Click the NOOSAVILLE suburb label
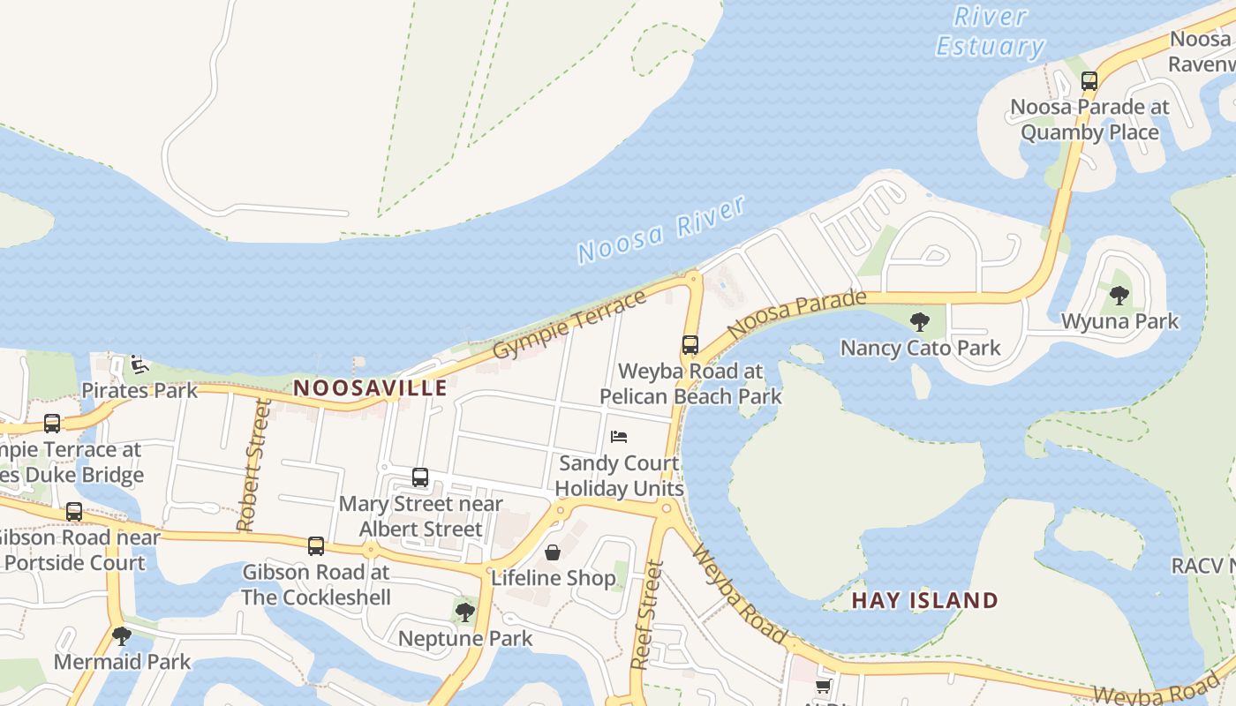point(370,387)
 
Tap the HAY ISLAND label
point(924,601)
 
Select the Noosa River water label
point(662,230)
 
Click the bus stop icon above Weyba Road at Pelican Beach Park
point(690,345)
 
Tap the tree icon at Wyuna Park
point(1119,296)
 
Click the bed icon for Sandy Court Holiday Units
point(619,437)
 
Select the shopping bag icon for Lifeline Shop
point(553,552)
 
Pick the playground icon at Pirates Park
point(138,364)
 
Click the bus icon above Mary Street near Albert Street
point(420,477)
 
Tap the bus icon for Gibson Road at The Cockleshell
point(316,545)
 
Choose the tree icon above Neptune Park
point(464,612)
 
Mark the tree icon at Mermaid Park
point(122,635)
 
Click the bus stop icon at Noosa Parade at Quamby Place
point(1089,81)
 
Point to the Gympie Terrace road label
point(569,324)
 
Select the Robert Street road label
point(252,465)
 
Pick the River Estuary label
point(991,32)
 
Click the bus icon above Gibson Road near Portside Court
point(74,512)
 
